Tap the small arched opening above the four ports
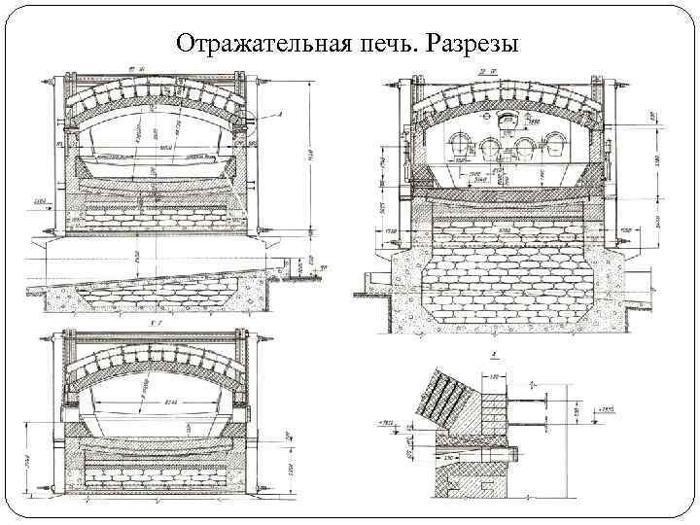coord(505,122)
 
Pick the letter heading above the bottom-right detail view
coord(495,357)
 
